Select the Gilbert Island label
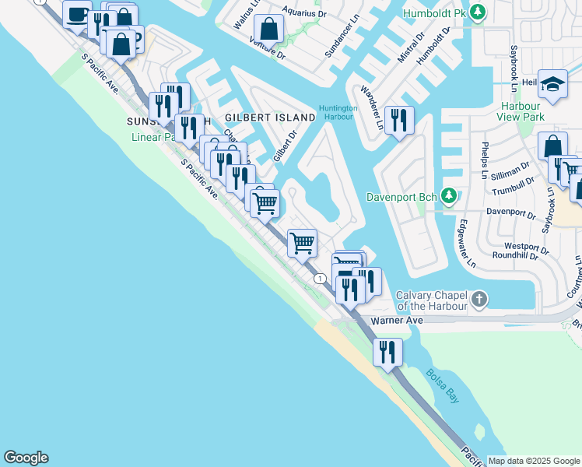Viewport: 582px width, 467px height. point(269,117)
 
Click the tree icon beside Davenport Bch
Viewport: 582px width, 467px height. point(448,194)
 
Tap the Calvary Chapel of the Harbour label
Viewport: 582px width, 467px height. point(431,300)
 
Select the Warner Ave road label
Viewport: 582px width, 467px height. point(396,320)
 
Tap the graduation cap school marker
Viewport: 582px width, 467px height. point(553,84)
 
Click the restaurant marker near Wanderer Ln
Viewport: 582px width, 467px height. point(398,120)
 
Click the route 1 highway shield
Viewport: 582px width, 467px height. point(319,278)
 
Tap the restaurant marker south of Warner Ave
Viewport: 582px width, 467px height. point(387,352)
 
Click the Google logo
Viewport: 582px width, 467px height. point(26,458)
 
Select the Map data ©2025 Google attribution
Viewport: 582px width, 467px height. point(534,461)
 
